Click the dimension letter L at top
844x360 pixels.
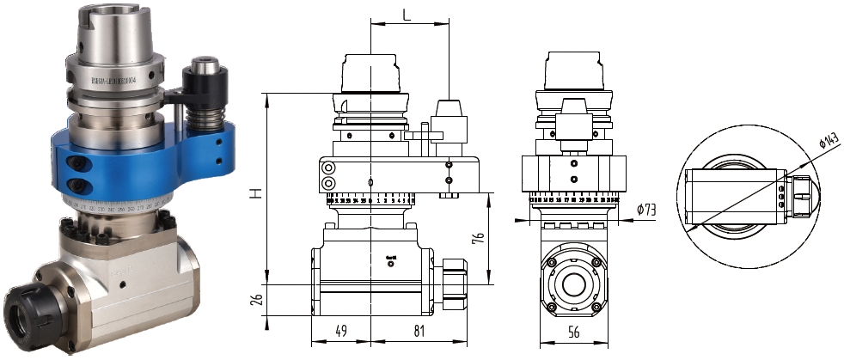click(407, 15)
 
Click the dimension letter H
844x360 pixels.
click(254, 194)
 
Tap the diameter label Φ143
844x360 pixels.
click(829, 143)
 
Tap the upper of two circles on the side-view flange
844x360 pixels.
click(327, 168)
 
